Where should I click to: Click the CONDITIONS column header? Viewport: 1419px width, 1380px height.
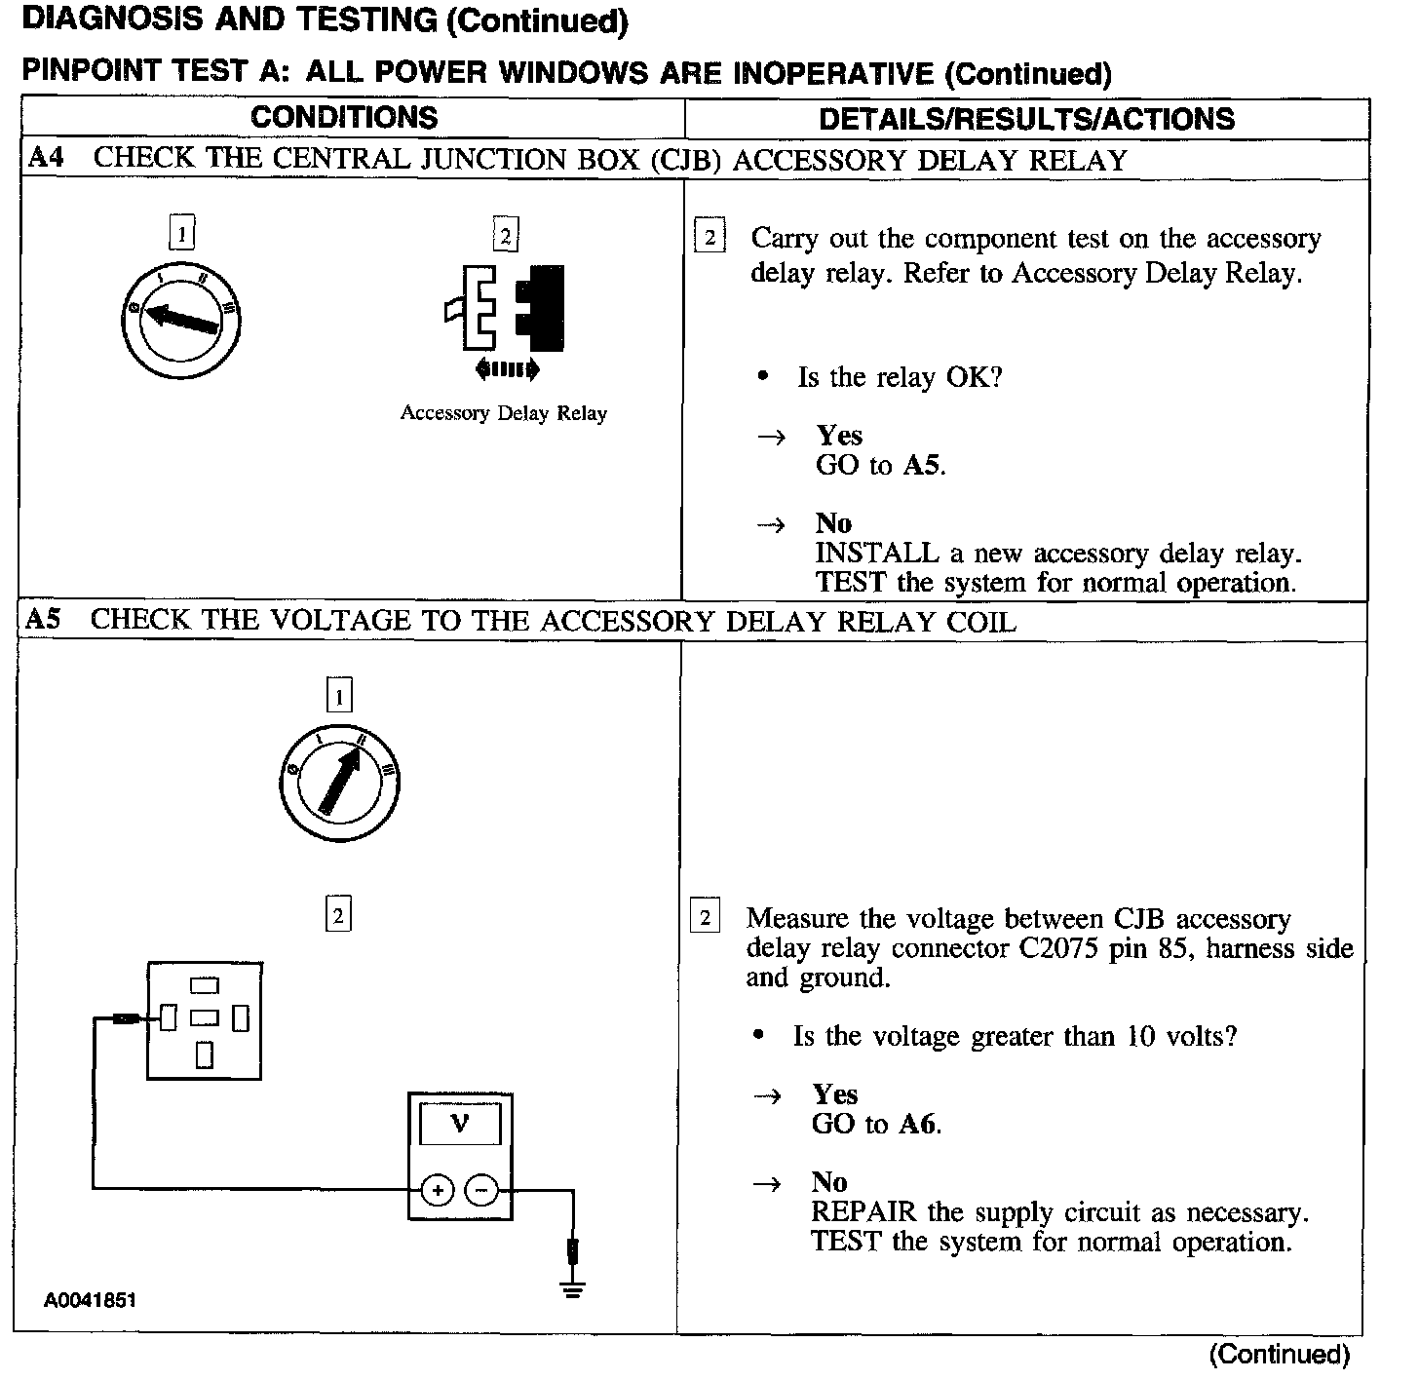click(x=344, y=118)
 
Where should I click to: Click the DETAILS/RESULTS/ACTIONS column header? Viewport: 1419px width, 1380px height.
click(x=1026, y=119)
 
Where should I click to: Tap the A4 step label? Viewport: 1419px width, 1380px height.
click(x=46, y=158)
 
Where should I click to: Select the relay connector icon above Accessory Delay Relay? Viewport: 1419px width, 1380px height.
click(x=505, y=307)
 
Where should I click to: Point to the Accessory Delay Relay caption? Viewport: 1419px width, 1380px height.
click(x=503, y=413)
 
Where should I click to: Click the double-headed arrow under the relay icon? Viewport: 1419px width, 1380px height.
click(x=506, y=368)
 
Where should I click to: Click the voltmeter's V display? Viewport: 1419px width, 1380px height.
click(x=460, y=1125)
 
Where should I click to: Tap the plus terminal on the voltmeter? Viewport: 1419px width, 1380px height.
click(x=438, y=1190)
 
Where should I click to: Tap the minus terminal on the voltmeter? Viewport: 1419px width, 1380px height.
click(x=481, y=1190)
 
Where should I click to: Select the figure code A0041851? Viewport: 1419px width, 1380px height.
click(x=89, y=1300)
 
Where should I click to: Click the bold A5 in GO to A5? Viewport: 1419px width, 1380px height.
click(x=921, y=466)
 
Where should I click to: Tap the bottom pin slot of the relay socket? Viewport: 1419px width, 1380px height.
click(x=205, y=1055)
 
